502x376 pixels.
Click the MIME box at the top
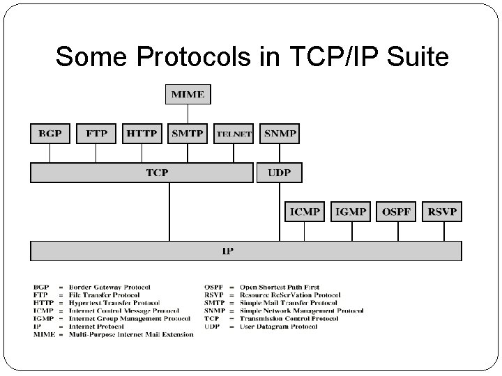188,94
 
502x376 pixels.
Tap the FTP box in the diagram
97,133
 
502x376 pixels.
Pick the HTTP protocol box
142,133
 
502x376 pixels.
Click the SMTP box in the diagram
188,133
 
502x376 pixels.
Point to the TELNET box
234,134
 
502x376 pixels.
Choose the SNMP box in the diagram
280,133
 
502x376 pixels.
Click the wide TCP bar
142,172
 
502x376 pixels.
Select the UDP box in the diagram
280,172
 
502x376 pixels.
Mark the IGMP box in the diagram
351,212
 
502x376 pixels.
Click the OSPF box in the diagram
397,212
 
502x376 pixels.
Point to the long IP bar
245,251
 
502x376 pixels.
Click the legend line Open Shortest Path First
280,287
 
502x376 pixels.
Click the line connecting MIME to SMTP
188,114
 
